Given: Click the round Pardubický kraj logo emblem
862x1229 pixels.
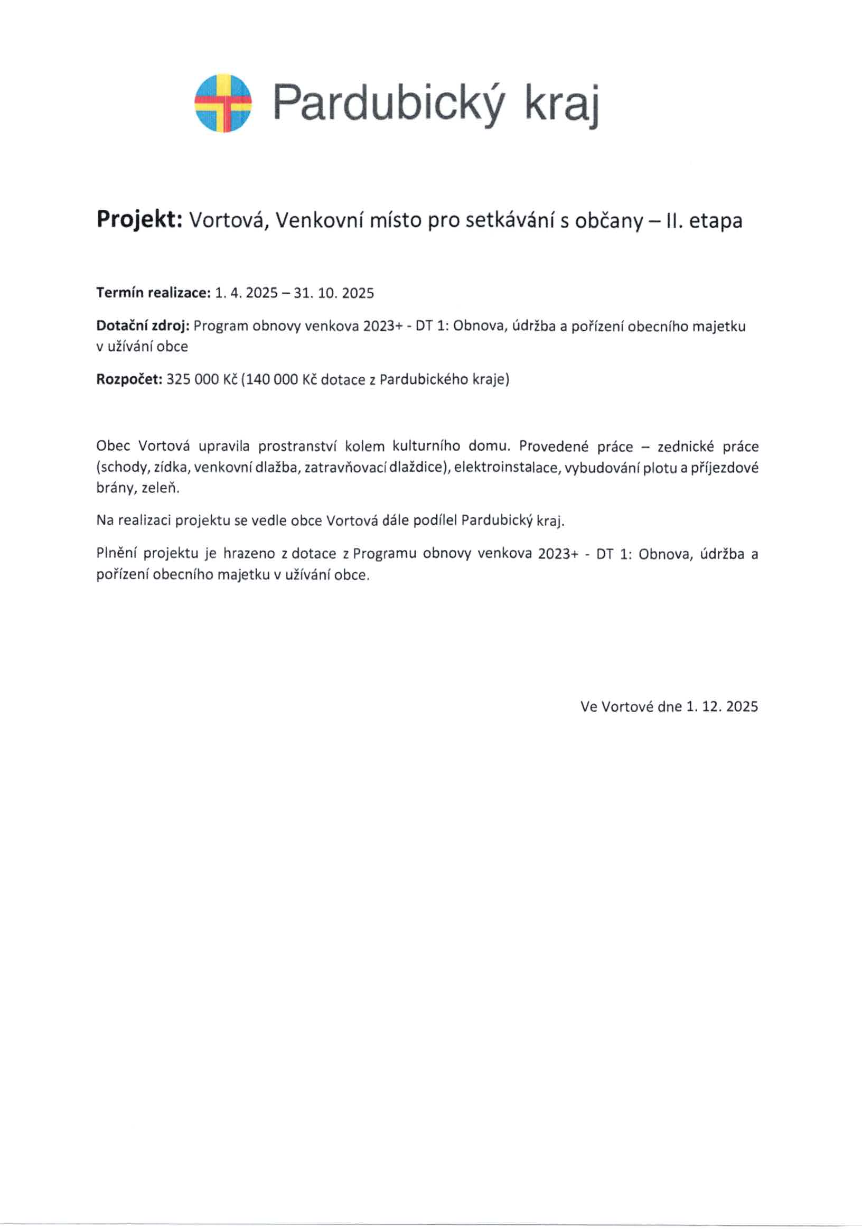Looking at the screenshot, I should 222,104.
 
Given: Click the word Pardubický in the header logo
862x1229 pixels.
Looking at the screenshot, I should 388,104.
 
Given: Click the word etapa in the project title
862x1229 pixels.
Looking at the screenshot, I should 715,220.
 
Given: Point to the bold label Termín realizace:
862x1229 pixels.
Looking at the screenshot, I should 153,293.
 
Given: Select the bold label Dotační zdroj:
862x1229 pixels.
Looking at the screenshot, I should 143,326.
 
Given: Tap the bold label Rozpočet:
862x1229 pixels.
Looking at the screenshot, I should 129,379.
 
